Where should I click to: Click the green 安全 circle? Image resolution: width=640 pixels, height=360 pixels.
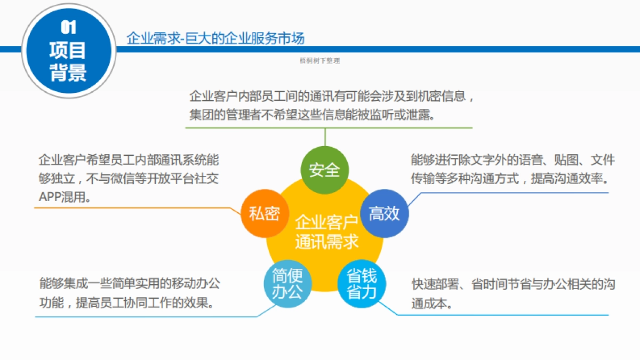pyautogui.click(x=324, y=170)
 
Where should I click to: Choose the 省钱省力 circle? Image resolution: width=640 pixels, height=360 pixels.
pyautogui.click(x=362, y=284)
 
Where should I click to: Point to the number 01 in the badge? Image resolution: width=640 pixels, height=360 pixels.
pyautogui.click(x=68, y=28)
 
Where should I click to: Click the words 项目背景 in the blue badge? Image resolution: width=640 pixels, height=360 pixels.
pyautogui.click(x=68, y=62)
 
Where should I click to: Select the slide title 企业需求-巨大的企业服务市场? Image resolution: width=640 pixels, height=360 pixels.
pyautogui.click(x=215, y=38)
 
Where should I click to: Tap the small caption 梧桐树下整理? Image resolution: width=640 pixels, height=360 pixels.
pyautogui.click(x=320, y=61)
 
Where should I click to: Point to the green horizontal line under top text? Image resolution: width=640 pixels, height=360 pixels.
pyautogui.click(x=329, y=128)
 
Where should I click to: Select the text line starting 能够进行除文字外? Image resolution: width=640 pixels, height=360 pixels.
pyautogui.click(x=513, y=160)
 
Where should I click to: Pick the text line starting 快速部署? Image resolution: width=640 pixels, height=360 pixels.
pyautogui.click(x=513, y=284)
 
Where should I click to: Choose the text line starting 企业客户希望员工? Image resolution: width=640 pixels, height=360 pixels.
pyautogui.click(x=129, y=161)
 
